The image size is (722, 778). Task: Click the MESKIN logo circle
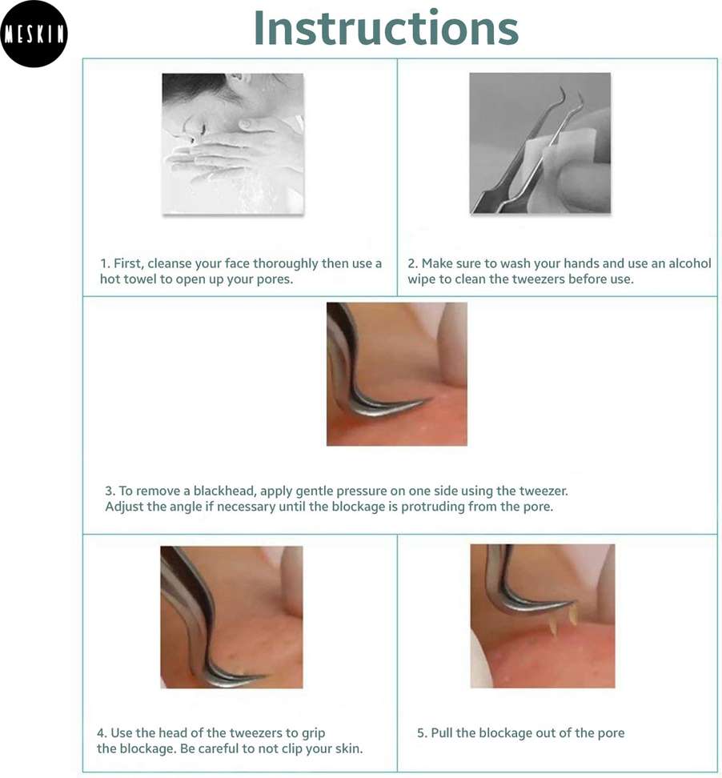pyautogui.click(x=34, y=34)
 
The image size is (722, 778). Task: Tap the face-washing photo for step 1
pyautogui.click(x=233, y=144)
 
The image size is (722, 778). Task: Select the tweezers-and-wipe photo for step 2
pyautogui.click(x=539, y=143)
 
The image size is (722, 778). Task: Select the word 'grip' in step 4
pyautogui.click(x=314, y=733)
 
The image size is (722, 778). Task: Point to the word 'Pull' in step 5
pyautogui.click(x=442, y=733)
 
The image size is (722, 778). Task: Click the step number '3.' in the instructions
pyautogui.click(x=110, y=491)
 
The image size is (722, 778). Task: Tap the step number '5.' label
pyautogui.click(x=422, y=733)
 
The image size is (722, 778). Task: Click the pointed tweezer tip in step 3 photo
pyautogui.click(x=431, y=399)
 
